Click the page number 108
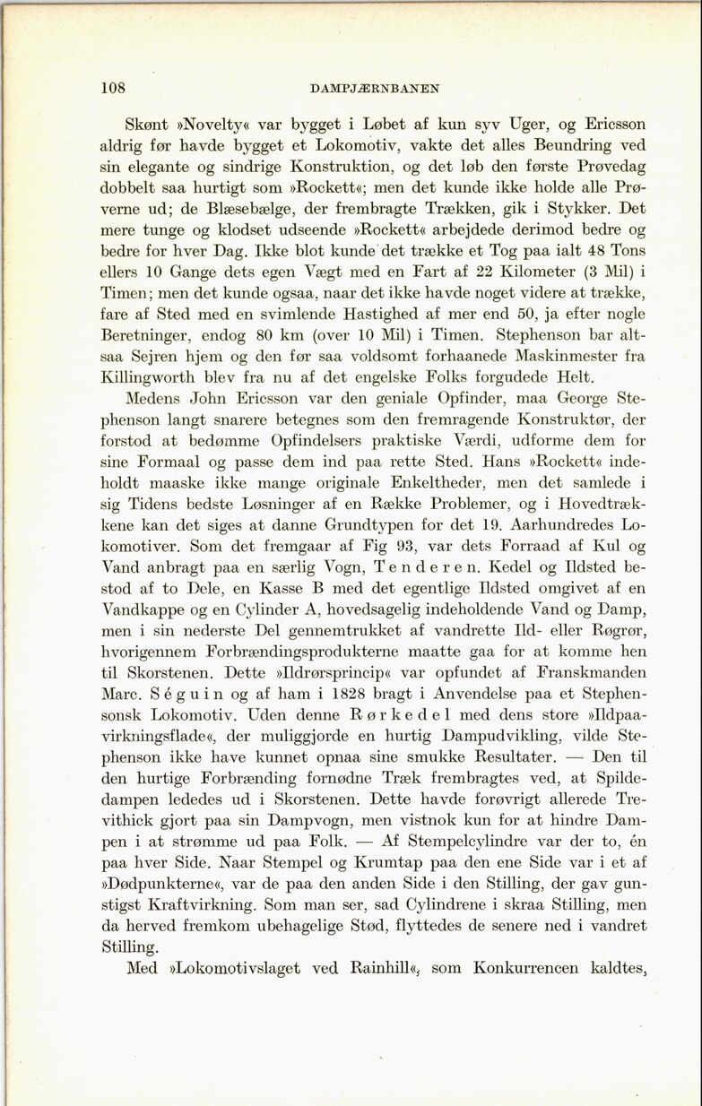(x=113, y=88)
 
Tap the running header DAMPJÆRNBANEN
(x=374, y=89)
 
